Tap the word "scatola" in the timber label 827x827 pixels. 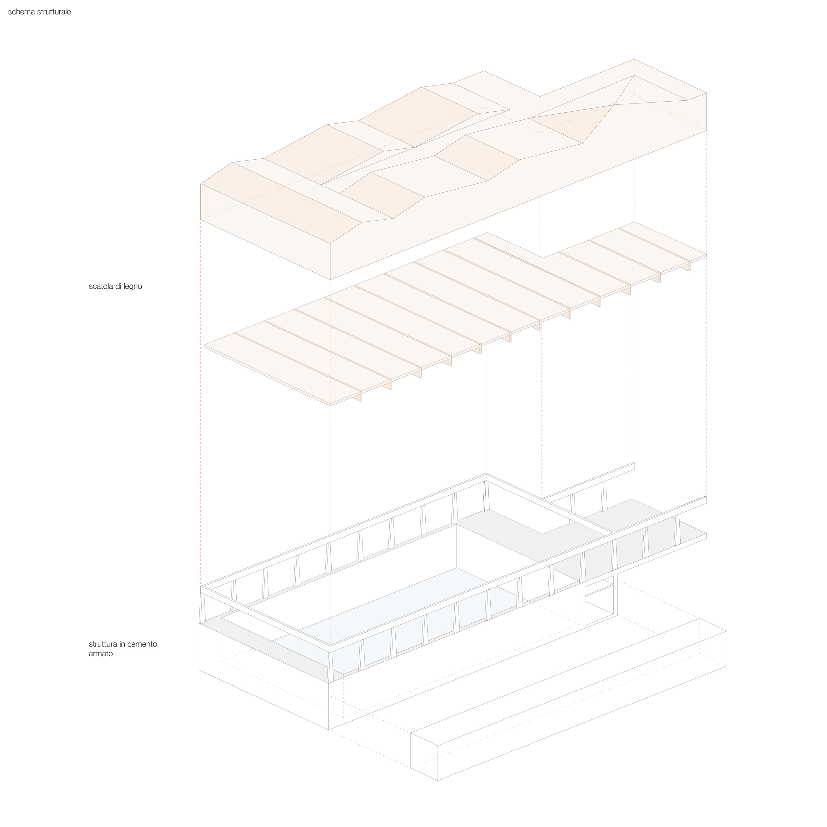pos(101,286)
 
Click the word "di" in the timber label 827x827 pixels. pos(118,286)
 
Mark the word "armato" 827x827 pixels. pos(101,654)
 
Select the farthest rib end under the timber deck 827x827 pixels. pos(686,267)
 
